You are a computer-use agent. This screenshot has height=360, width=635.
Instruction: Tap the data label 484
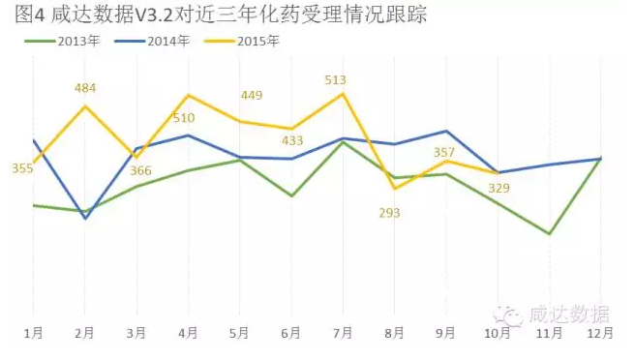85,88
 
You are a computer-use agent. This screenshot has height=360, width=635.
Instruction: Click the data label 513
336,80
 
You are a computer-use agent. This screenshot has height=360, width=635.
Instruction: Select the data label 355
22,168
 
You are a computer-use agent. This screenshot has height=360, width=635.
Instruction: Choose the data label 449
251,95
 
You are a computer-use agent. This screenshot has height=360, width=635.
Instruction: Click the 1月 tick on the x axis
34,333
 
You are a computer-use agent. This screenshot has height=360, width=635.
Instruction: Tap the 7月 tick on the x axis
344,333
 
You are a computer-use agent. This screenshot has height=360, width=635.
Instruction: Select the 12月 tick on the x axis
600,333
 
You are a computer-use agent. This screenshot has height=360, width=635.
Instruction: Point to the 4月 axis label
189,333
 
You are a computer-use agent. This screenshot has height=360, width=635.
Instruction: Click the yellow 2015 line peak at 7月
344,94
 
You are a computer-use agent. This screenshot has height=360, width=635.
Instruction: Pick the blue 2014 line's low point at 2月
85,219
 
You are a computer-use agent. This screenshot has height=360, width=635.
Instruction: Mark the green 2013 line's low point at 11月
550,233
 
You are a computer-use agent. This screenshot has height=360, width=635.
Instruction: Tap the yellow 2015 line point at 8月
395,188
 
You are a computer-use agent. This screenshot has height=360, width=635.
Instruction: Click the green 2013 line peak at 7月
344,142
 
